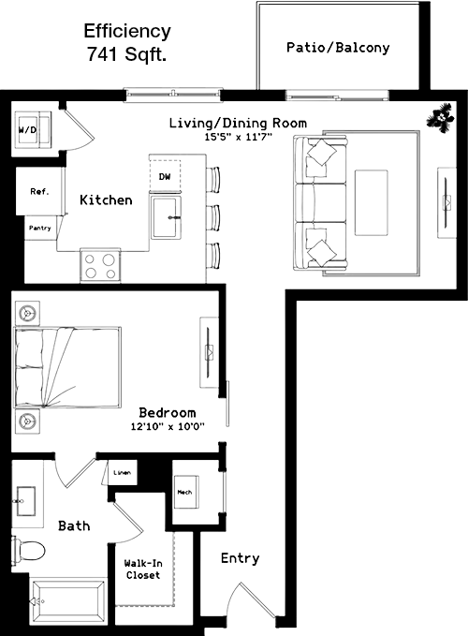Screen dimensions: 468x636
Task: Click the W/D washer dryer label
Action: pos(27,130)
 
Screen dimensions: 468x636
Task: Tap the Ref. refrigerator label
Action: pos(39,191)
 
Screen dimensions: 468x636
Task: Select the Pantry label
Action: pos(40,228)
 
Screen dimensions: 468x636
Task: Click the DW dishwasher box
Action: pos(165,176)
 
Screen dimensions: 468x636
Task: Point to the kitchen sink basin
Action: pos(165,217)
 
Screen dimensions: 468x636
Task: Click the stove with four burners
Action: pos(100,266)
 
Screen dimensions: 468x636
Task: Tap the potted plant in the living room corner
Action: pos(440,117)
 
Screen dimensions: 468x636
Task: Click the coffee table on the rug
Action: pos(372,203)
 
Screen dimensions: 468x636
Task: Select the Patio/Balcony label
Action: pos(338,48)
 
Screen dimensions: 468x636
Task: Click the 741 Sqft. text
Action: pos(126,54)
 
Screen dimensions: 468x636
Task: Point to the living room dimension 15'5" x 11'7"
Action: pos(238,137)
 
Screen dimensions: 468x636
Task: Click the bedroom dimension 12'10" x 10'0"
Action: pos(168,426)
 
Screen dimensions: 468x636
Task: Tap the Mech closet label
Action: pos(184,492)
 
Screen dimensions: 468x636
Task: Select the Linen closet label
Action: pos(122,472)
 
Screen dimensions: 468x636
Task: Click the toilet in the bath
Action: pos(28,551)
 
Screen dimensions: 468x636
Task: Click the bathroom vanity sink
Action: pos(25,501)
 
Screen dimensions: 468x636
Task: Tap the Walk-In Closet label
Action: pos(143,569)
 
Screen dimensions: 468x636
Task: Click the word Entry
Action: pos(240,558)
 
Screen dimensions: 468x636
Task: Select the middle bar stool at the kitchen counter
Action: pos(213,218)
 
